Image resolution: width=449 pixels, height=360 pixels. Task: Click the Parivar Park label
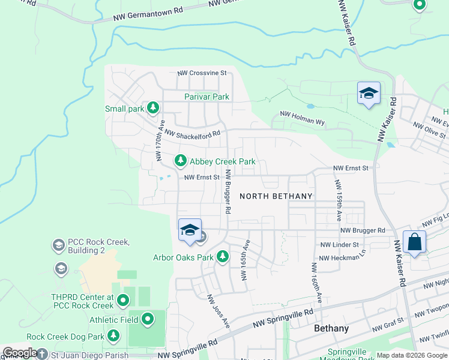pyautogui.click(x=206, y=97)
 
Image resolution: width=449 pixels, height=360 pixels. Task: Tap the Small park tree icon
pyautogui.click(x=154, y=107)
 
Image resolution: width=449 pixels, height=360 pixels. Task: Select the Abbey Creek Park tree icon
pyautogui.click(x=180, y=161)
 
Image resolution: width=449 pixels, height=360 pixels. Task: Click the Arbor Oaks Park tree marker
pyautogui.click(x=223, y=257)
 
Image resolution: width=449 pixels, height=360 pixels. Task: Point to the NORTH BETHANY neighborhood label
pyautogui.click(x=276, y=196)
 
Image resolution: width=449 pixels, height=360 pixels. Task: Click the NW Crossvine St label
pyautogui.click(x=202, y=73)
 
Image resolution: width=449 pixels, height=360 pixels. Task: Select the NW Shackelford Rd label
pyautogui.click(x=192, y=134)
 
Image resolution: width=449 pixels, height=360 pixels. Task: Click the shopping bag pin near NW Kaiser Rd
pyautogui.click(x=414, y=242)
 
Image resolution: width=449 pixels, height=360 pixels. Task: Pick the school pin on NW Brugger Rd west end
pyautogui.click(x=190, y=230)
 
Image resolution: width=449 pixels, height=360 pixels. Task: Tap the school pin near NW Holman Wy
pyautogui.click(x=369, y=94)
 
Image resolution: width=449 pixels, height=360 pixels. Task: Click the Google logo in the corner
pyautogui.click(x=20, y=353)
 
